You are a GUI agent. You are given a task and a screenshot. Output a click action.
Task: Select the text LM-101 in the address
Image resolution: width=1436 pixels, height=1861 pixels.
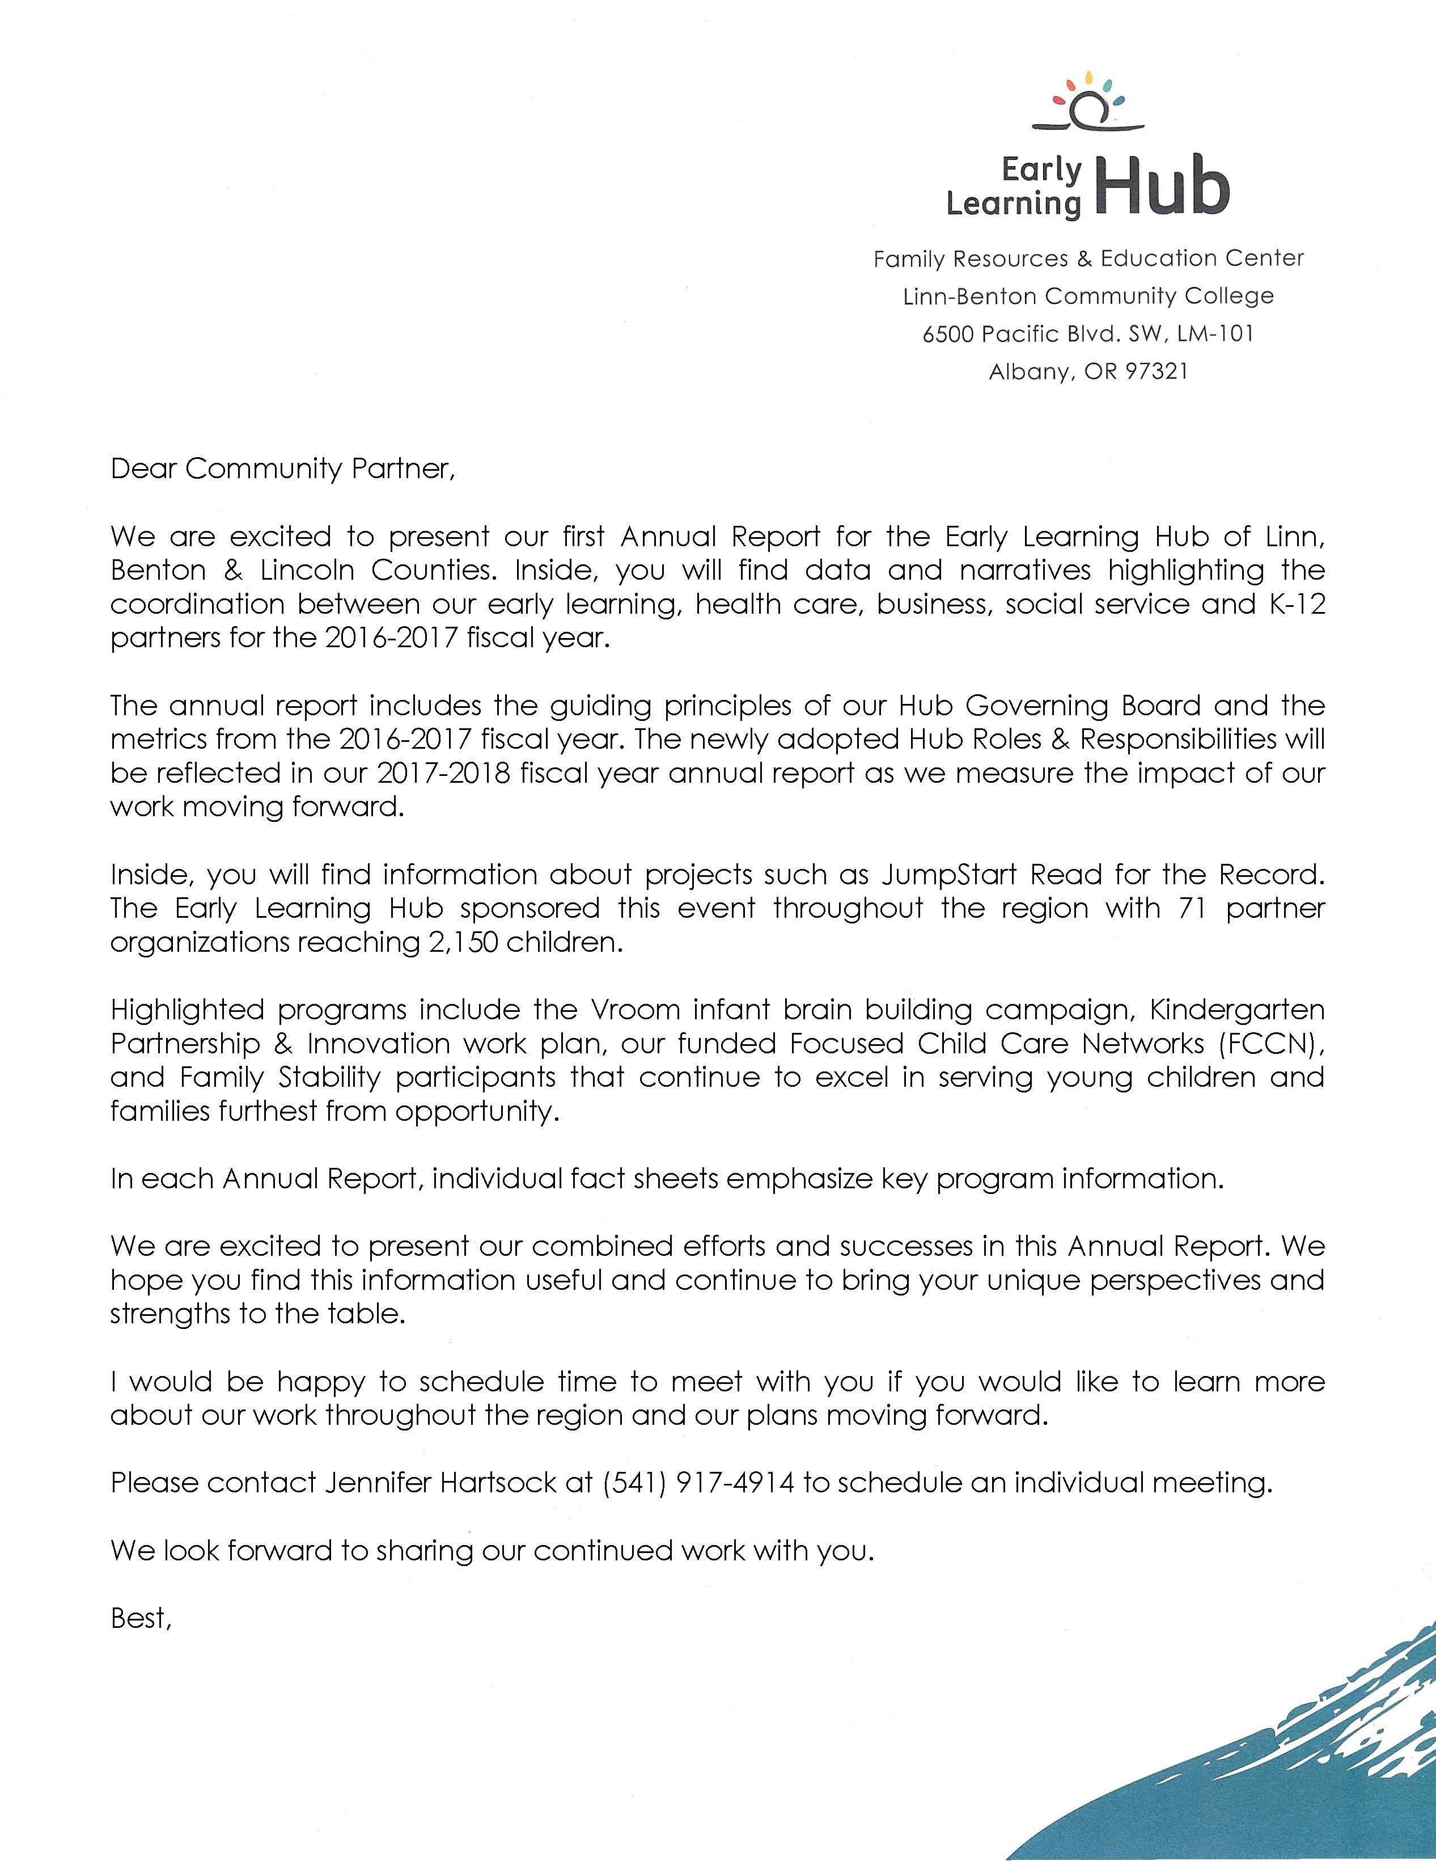pos(1215,334)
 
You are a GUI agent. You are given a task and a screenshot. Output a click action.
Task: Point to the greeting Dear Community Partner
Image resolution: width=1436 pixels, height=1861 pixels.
pos(283,469)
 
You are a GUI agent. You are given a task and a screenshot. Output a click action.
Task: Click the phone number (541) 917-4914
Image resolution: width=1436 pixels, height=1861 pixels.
pos(698,1483)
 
